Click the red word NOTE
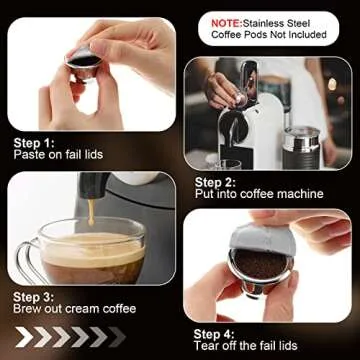228,19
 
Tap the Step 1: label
33,143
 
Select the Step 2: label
214,181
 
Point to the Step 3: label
33,297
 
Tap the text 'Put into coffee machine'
258,194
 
